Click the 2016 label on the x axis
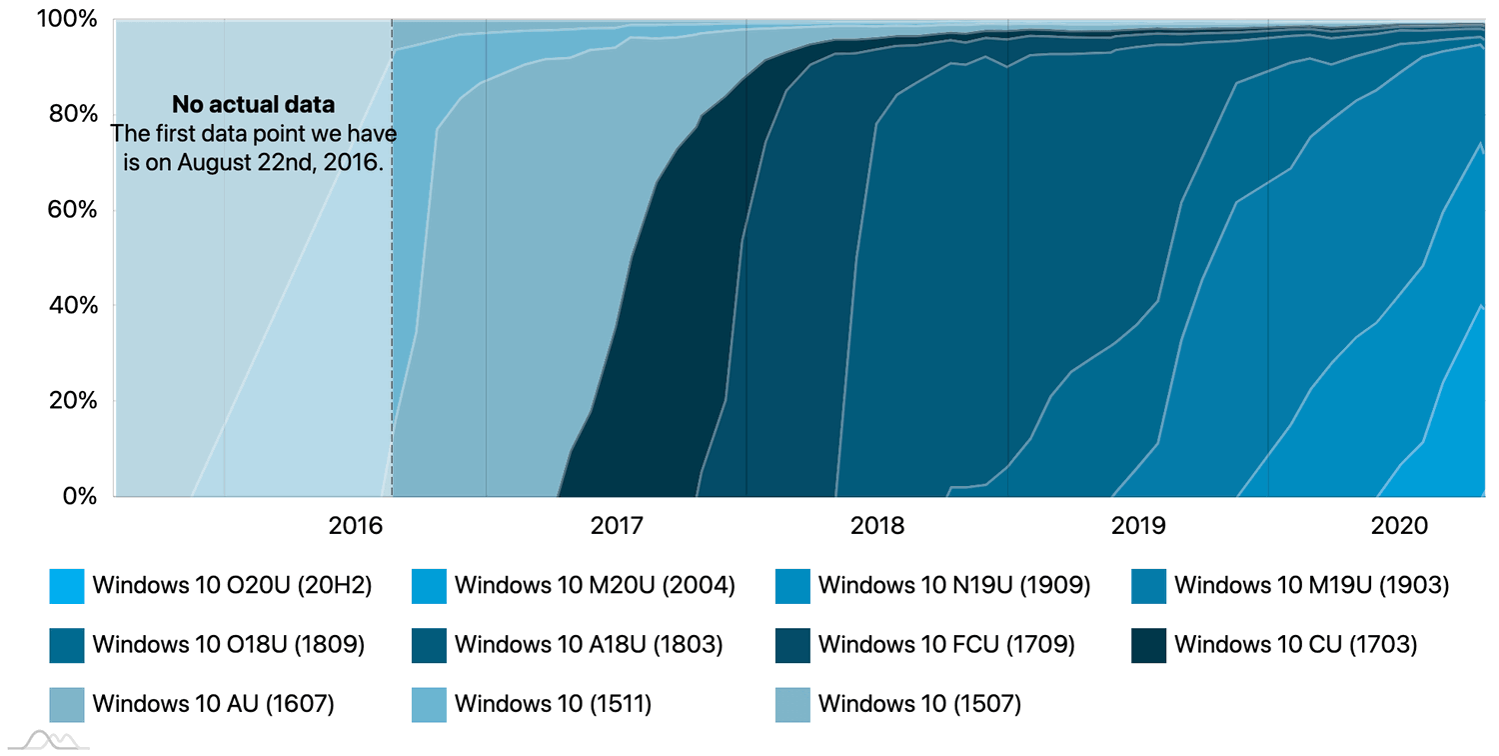coord(355,526)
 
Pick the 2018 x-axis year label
coord(877,526)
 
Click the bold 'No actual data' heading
coord(253,105)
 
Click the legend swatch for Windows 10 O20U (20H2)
coord(67,586)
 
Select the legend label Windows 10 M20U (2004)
coord(595,586)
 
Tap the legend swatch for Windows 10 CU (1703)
coord(1149,645)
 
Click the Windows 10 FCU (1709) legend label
coord(945,645)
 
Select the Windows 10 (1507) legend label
coord(919,704)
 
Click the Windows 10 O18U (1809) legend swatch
coord(67,645)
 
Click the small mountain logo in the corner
coord(50,741)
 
